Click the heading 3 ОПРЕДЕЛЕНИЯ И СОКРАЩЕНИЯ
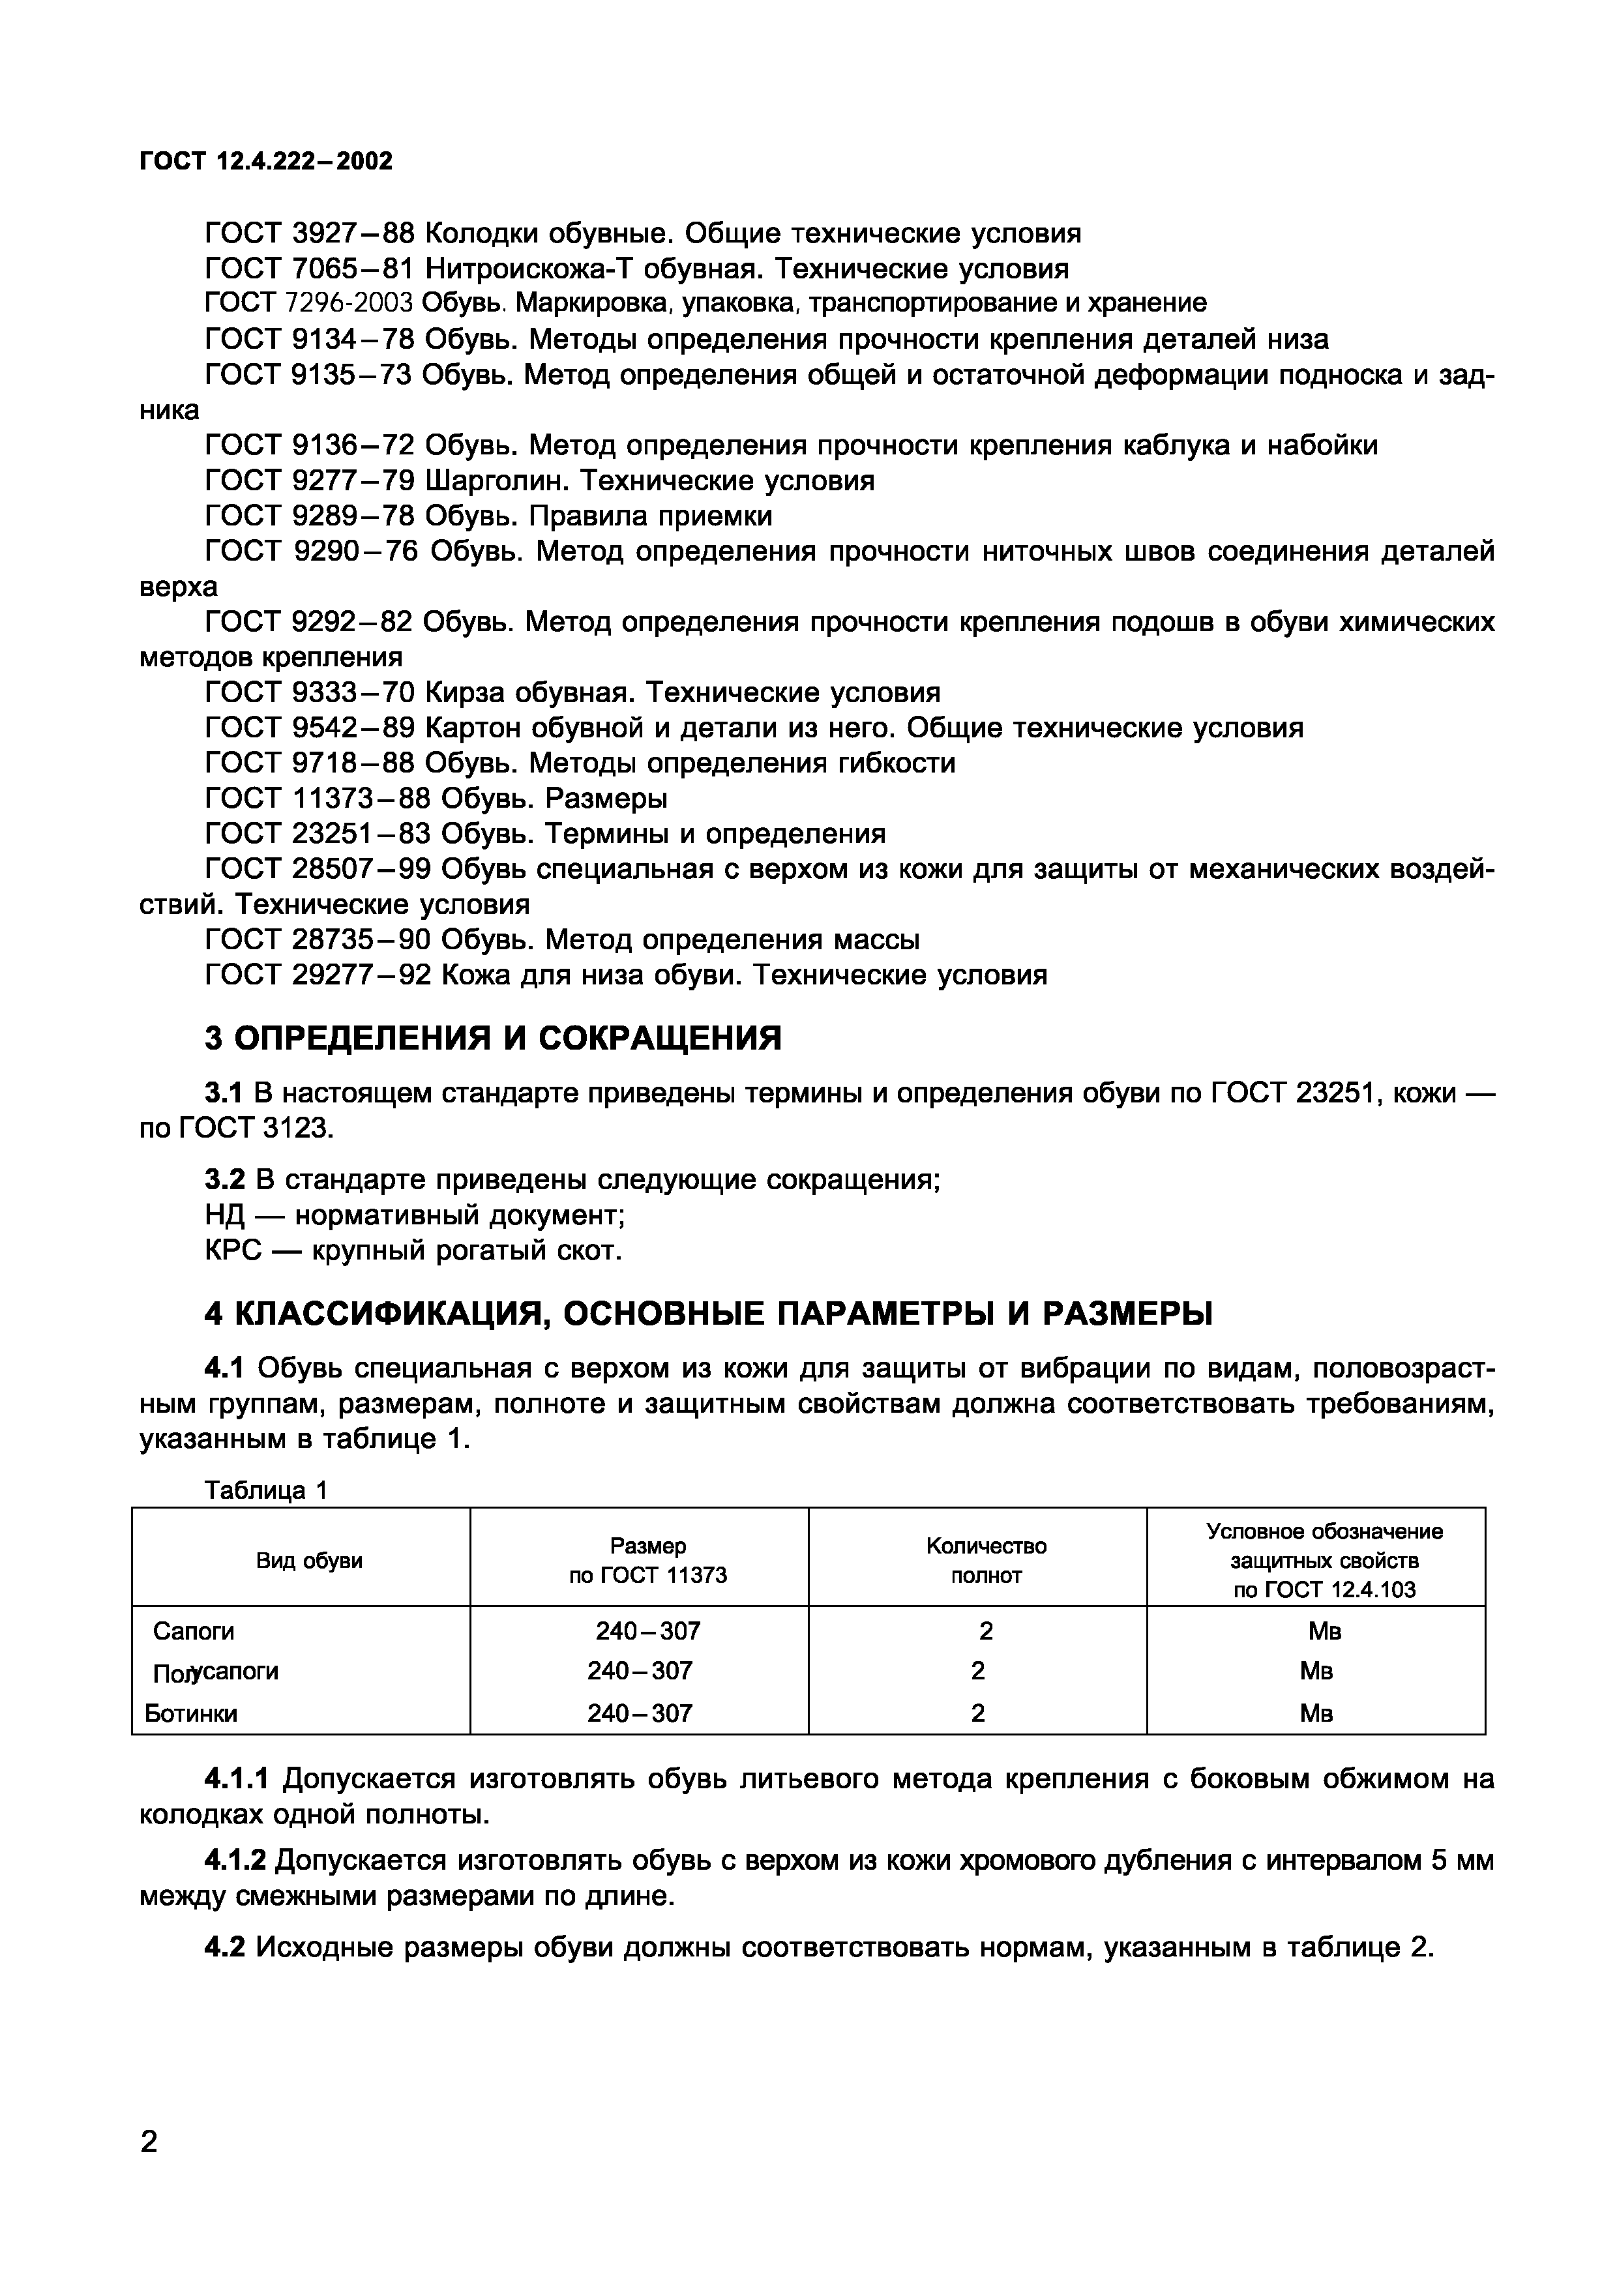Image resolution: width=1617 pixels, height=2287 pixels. tap(493, 1039)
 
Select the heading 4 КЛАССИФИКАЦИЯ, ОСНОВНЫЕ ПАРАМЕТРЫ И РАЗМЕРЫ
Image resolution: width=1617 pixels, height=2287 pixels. tap(708, 1315)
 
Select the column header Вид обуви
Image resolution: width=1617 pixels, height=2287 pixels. tap(309, 1561)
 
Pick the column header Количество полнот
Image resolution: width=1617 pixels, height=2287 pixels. tap(985, 1561)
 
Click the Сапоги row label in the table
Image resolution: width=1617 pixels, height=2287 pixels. tap(193, 1632)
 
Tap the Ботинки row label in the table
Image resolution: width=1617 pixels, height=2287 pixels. tap(191, 1713)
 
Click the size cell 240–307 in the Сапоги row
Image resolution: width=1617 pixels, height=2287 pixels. tap(647, 1632)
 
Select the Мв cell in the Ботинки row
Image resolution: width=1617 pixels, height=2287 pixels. tap(1315, 1713)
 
